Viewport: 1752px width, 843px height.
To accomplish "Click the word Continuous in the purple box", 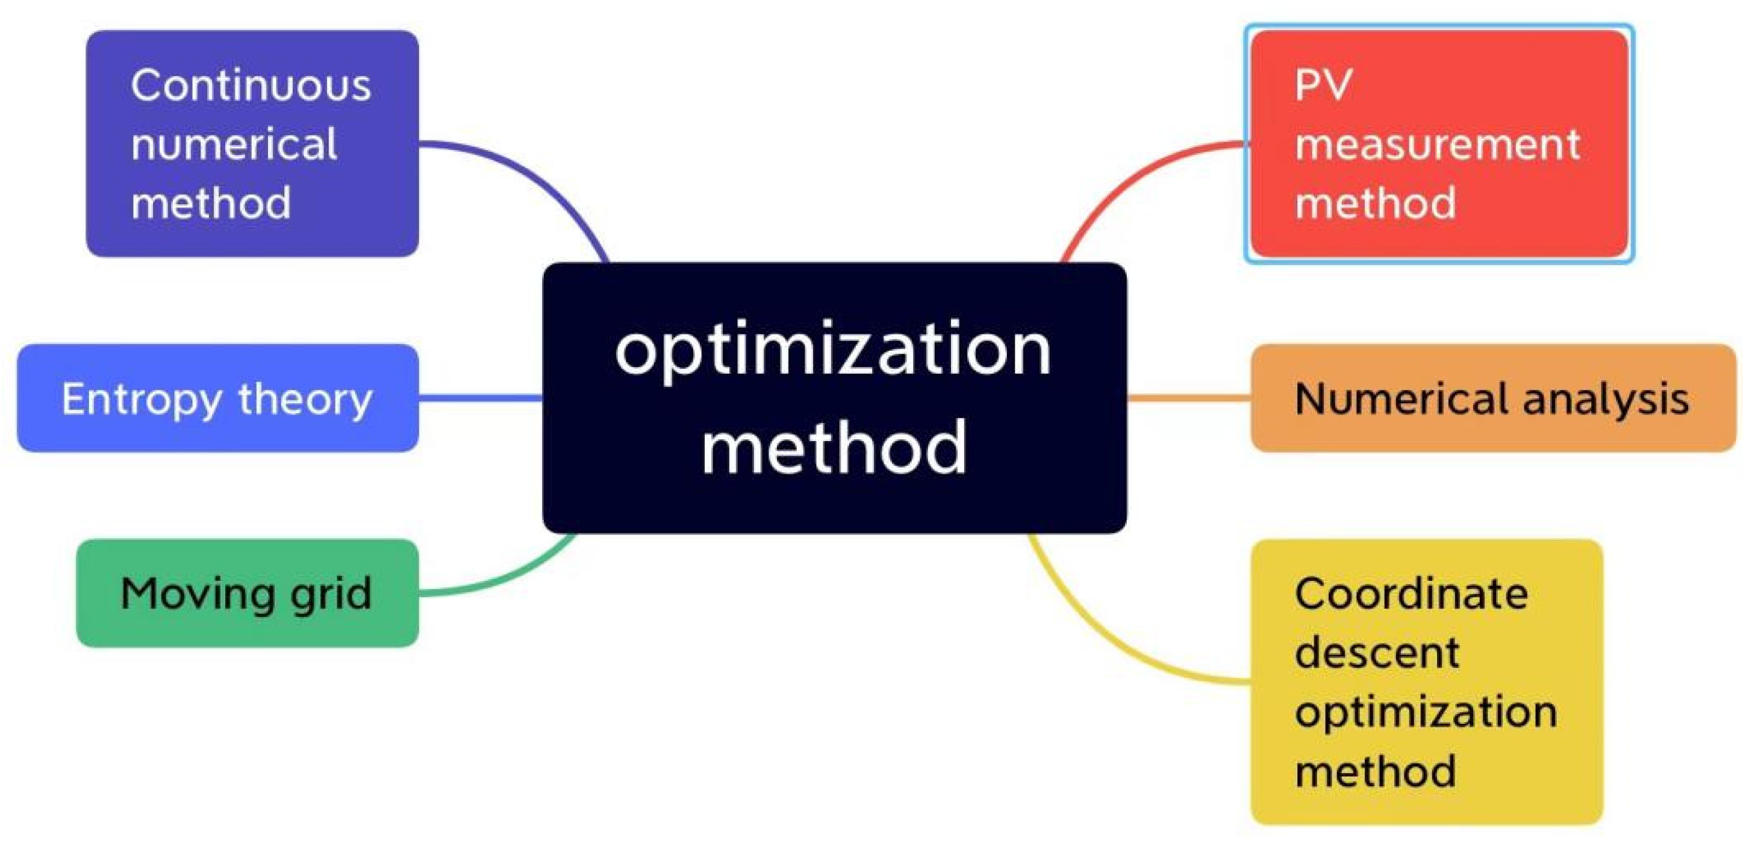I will [x=251, y=86].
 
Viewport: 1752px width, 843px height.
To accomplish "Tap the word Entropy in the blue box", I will [x=141, y=400].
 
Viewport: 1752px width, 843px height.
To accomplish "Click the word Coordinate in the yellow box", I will [x=1411, y=594].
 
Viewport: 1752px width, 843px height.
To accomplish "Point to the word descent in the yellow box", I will [x=1377, y=653].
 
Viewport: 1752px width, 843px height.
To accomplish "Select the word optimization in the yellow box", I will [x=1426, y=712].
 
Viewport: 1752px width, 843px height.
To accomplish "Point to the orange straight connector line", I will [x=1189, y=398].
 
